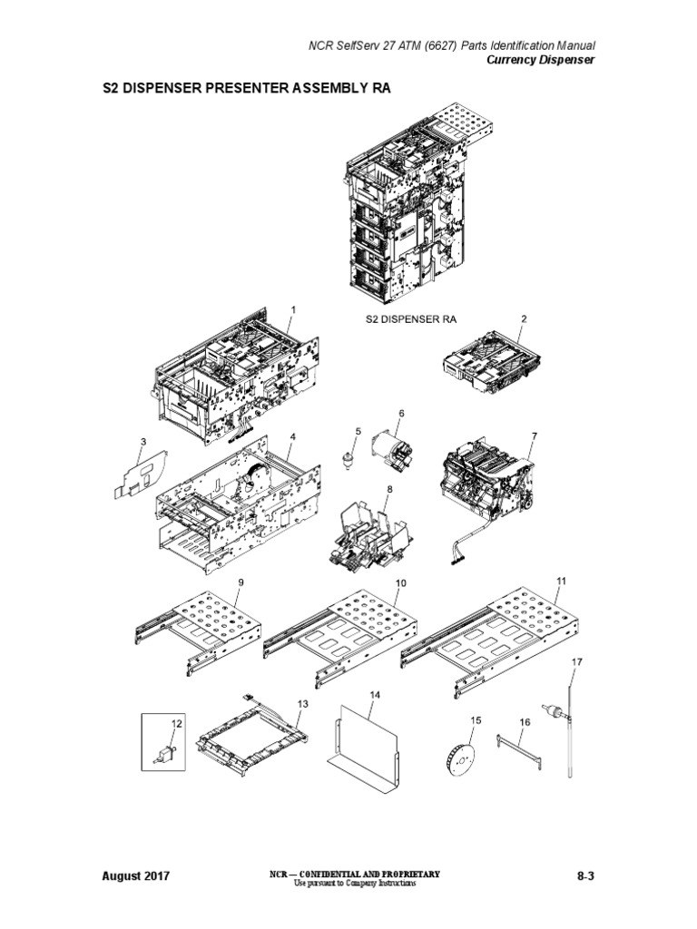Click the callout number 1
click(x=293, y=310)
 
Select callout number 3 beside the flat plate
click(x=142, y=442)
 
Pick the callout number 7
click(x=534, y=436)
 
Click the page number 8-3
click(x=590, y=875)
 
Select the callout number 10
click(x=400, y=582)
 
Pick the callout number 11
click(x=561, y=580)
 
